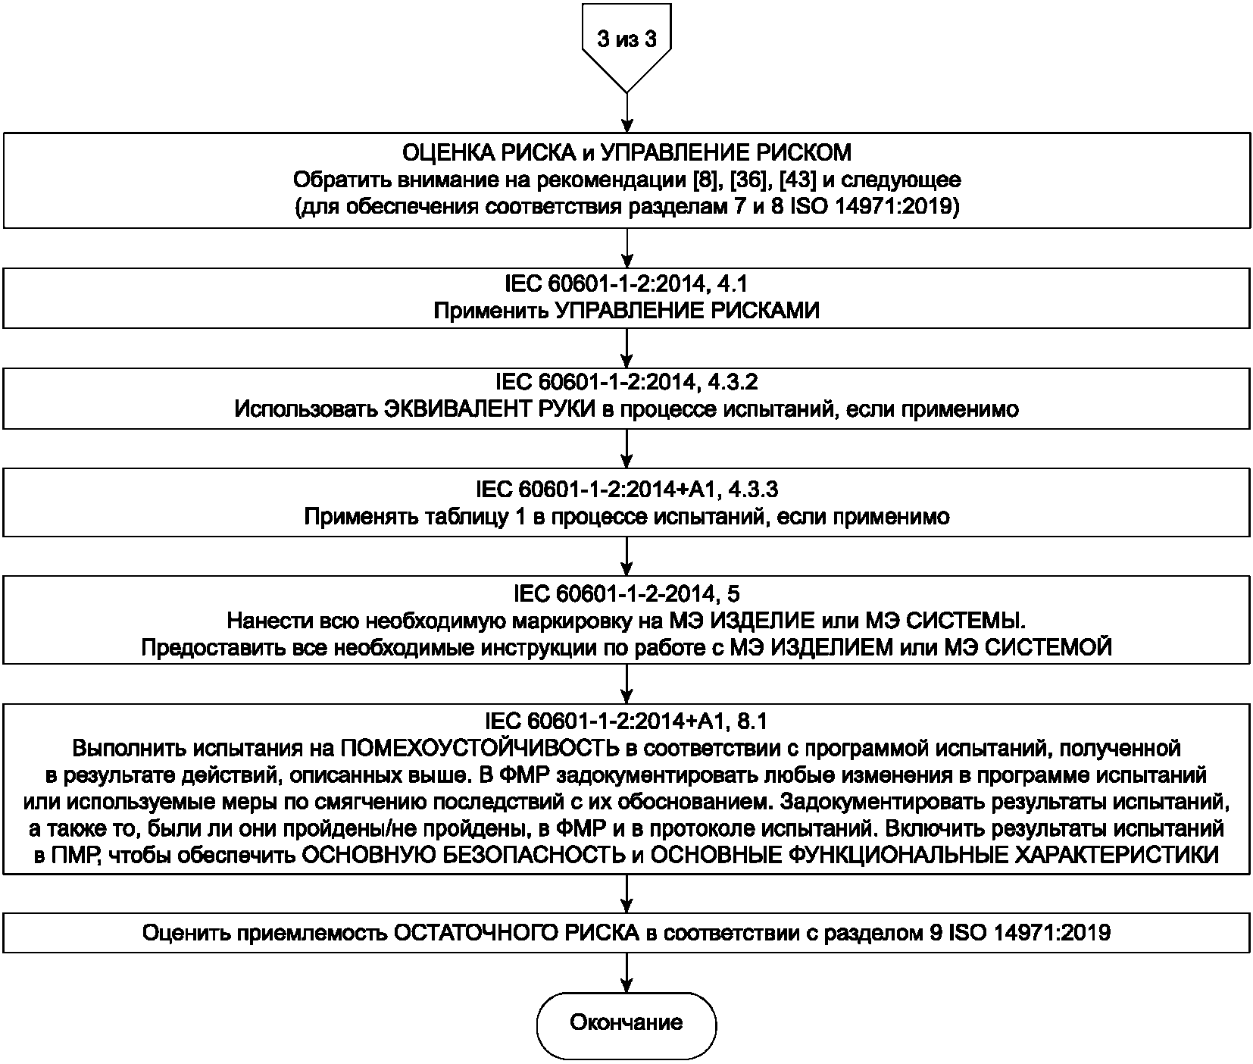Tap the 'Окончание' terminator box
pos(626,1022)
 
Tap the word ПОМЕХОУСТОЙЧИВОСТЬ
pos(477,748)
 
